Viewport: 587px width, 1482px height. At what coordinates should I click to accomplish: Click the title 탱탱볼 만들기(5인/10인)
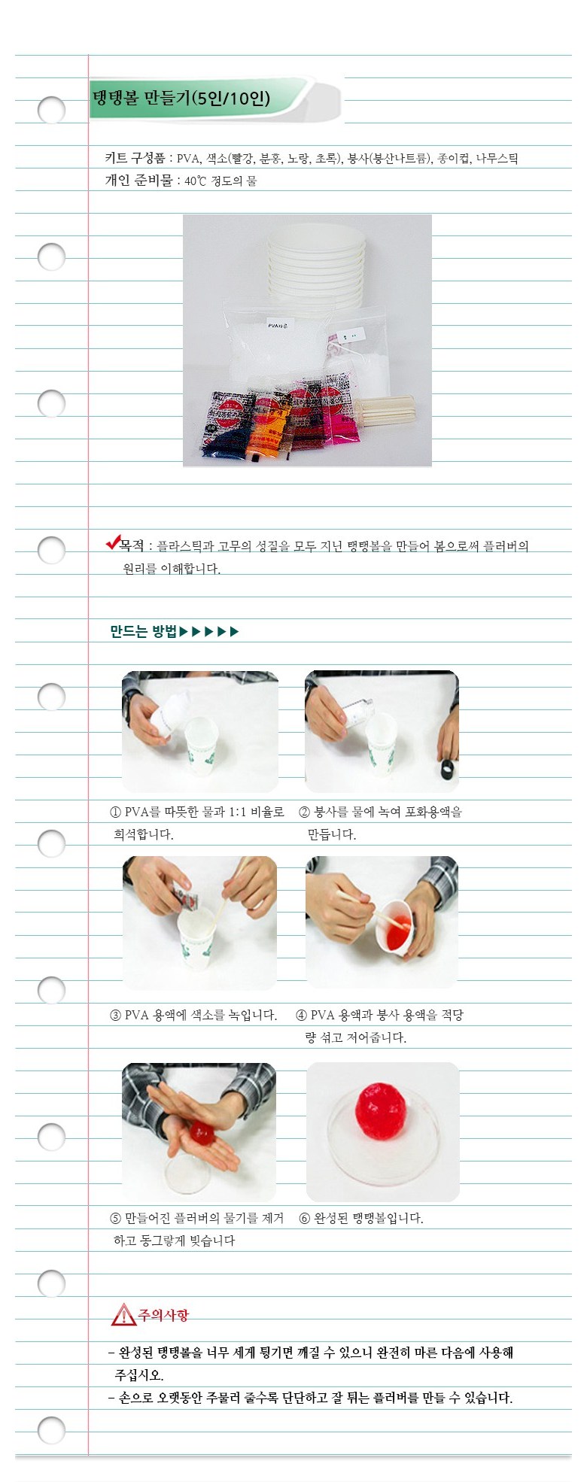181,99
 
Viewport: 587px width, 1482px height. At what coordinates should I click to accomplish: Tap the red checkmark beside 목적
114,542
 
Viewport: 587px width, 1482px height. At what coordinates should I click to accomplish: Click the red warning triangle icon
123,1314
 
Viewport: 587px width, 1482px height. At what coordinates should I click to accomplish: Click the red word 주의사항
163,1314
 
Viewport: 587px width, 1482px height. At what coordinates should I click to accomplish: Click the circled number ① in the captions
115,812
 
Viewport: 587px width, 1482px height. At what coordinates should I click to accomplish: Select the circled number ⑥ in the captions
304,1219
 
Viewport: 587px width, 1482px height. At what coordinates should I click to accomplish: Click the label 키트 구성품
135,158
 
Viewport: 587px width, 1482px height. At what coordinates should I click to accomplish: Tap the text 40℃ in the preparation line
195,181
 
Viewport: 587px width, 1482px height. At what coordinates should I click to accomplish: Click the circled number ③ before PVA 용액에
115,1016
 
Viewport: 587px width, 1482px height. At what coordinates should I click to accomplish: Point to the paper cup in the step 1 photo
201,745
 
